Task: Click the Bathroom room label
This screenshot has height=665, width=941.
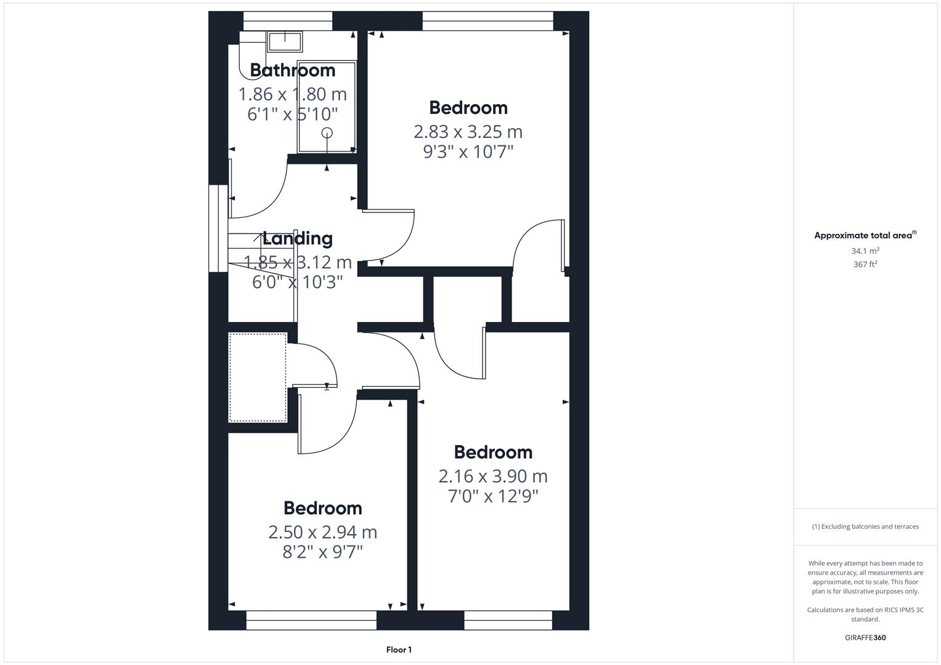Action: [x=292, y=70]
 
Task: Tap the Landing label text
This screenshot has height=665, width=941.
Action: [x=298, y=238]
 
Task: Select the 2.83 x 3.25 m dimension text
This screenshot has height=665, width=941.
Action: [x=468, y=132]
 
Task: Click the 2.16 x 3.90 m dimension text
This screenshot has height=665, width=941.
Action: [x=493, y=476]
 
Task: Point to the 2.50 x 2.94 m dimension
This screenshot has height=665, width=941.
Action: [x=322, y=532]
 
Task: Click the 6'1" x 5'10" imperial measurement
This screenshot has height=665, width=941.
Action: [x=293, y=114]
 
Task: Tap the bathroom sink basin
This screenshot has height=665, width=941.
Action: [x=284, y=41]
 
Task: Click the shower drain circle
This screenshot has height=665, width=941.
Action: [x=327, y=132]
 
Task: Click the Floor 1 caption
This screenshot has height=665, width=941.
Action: [x=399, y=650]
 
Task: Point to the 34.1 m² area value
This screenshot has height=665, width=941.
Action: [x=865, y=251]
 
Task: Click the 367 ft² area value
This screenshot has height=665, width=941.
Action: [x=865, y=264]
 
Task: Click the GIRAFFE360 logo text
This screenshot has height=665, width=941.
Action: [x=865, y=638]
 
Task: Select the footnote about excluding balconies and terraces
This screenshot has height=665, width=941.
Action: [x=865, y=526]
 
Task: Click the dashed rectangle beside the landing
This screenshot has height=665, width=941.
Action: [x=258, y=377]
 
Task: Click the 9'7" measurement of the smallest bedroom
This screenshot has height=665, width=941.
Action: [x=348, y=552]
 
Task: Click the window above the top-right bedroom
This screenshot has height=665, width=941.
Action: [x=487, y=22]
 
